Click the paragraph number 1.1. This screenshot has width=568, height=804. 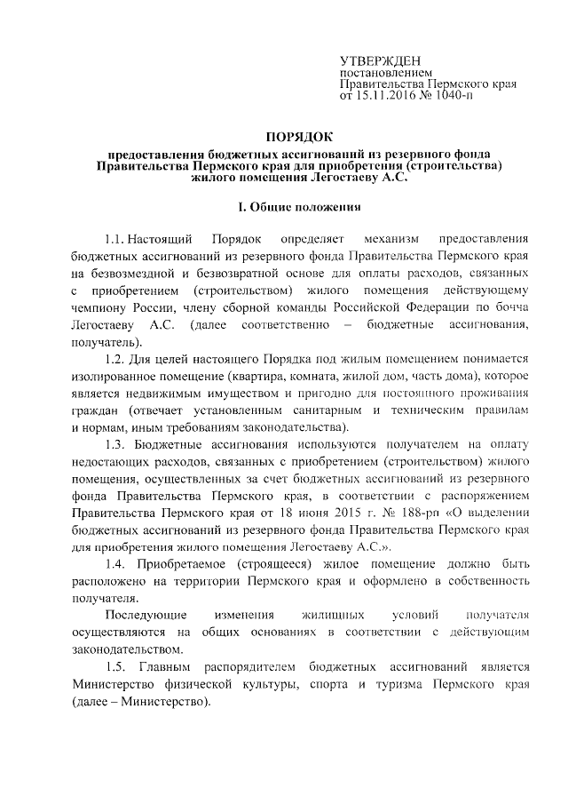(114, 239)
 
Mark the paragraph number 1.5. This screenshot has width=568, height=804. (114, 665)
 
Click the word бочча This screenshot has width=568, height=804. (509, 307)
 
